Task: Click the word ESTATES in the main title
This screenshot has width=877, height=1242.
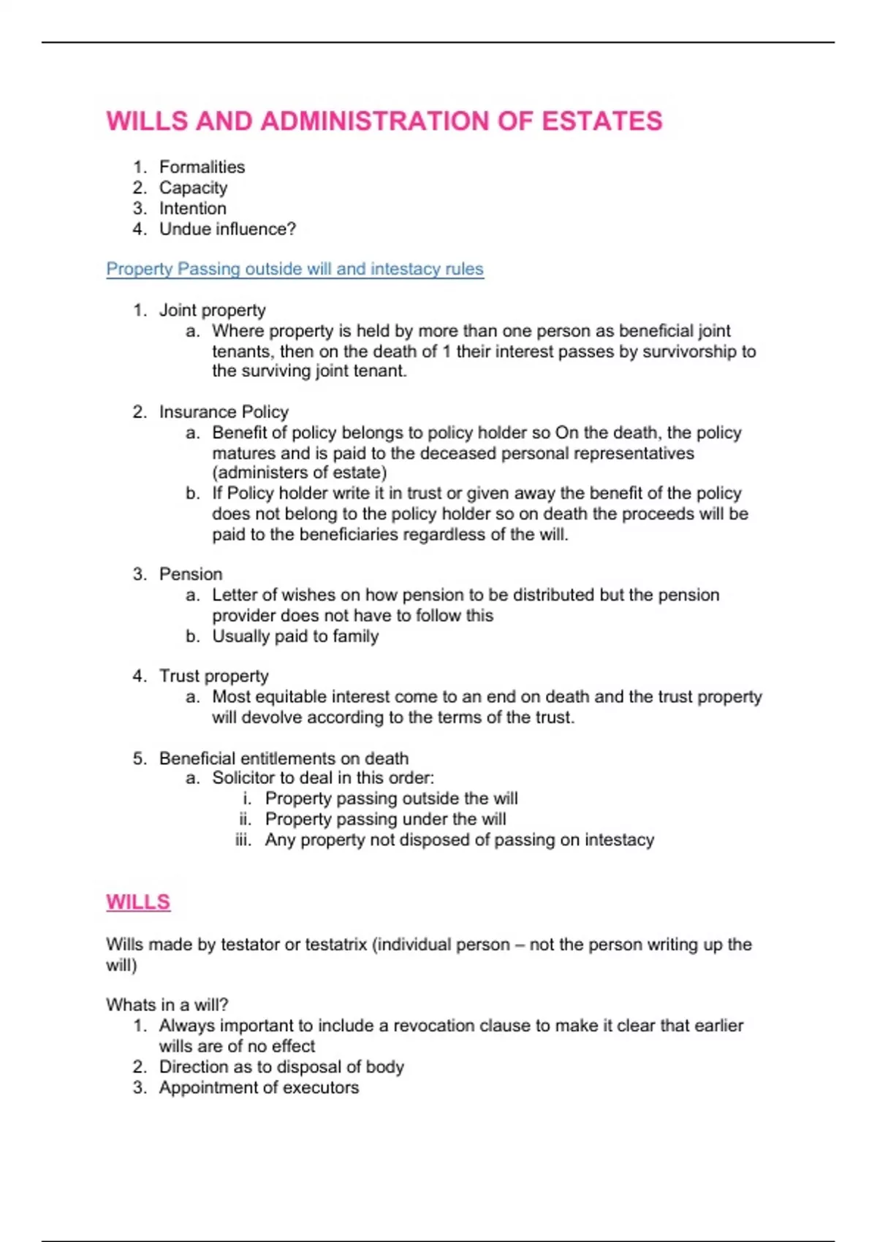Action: tap(601, 121)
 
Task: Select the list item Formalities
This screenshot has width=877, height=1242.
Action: tap(202, 167)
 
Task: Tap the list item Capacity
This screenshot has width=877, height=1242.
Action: tap(193, 188)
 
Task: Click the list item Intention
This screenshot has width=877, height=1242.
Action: tap(192, 208)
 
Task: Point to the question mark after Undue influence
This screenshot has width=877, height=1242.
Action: tap(292, 229)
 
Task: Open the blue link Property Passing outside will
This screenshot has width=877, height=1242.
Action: tap(295, 269)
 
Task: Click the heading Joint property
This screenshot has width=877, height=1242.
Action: tap(212, 310)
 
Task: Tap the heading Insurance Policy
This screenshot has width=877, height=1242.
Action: tap(224, 412)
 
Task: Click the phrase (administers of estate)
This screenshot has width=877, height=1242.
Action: tap(299, 473)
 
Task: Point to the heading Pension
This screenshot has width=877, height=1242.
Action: tap(191, 574)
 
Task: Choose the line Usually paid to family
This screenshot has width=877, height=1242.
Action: tap(295, 636)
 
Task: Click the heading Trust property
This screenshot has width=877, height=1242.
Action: tap(213, 677)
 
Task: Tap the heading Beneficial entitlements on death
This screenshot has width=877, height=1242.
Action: tap(284, 758)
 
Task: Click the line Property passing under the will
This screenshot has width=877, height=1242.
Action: tap(385, 819)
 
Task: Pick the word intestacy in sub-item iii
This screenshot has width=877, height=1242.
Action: tap(619, 840)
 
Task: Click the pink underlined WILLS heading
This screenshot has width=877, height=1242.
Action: tap(138, 902)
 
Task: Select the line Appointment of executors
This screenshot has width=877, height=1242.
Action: tap(259, 1088)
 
